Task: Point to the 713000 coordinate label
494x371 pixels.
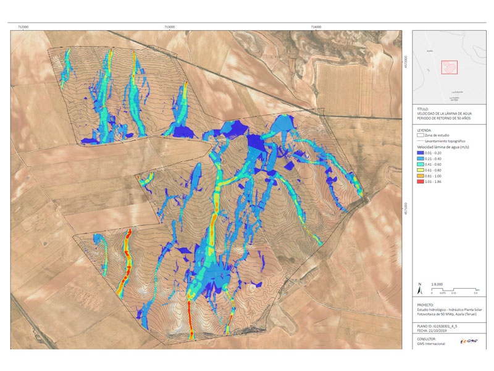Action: point(169,27)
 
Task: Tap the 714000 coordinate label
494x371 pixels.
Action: point(316,27)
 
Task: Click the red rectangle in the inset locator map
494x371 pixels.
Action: point(450,67)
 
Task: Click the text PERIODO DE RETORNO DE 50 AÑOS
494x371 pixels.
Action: point(442,117)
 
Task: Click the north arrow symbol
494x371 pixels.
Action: point(420,288)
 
